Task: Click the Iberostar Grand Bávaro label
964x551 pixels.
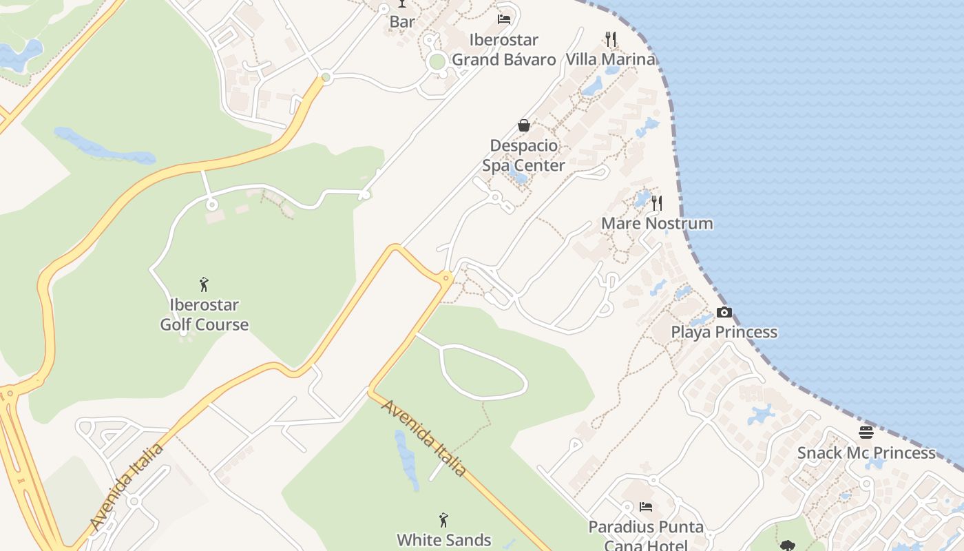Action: (503, 50)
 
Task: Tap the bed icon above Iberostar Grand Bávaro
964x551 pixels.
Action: (504, 19)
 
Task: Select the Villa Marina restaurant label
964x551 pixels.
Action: (610, 59)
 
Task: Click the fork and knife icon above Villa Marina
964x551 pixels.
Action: (610, 39)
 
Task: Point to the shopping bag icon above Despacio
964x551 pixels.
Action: (524, 125)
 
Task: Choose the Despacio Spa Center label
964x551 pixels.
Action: (523, 156)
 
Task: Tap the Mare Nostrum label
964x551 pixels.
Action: (657, 223)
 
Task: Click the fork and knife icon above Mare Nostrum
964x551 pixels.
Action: (657, 203)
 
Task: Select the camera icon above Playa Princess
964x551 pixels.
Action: (724, 312)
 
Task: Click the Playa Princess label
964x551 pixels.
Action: (724, 332)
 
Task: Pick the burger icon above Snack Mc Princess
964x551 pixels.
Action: (866, 433)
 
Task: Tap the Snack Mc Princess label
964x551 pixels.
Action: (866, 453)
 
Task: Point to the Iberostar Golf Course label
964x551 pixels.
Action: (205, 315)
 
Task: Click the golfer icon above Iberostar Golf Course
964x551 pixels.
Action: (204, 284)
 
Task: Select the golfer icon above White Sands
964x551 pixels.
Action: (444, 519)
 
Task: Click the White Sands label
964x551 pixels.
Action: (444, 540)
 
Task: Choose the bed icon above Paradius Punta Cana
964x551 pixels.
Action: (646, 507)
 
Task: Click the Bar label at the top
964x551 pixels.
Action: (402, 22)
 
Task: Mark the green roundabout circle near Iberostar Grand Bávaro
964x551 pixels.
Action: (437, 62)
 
